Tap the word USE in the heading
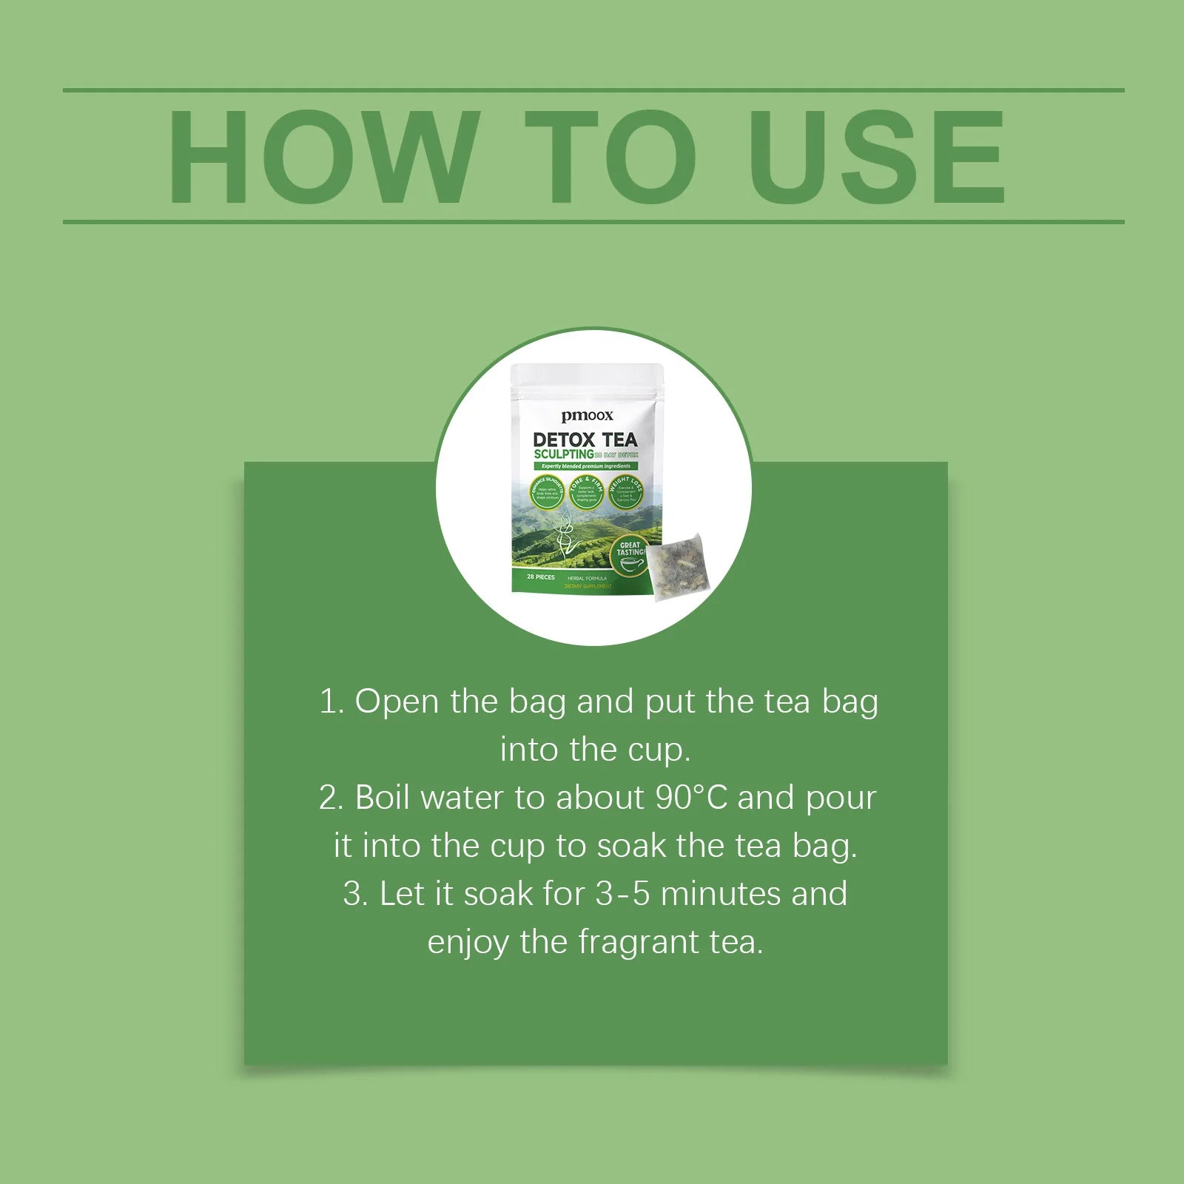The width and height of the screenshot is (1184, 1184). pos(877,156)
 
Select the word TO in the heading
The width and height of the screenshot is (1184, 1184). pos(610,156)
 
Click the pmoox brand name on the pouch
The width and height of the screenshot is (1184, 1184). pos(587,416)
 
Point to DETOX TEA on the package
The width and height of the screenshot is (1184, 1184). pos(585,440)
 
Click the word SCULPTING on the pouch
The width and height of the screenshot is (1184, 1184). pos(563,454)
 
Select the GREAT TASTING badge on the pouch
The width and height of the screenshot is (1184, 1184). pos(630,554)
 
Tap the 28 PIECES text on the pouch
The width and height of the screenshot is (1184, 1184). pos(540,577)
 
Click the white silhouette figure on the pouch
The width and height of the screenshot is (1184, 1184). pos(565,533)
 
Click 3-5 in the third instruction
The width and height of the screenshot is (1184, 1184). pos(622,894)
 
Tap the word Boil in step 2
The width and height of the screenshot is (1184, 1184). pos(383,798)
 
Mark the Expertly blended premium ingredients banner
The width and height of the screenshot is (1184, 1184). pos(585,466)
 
